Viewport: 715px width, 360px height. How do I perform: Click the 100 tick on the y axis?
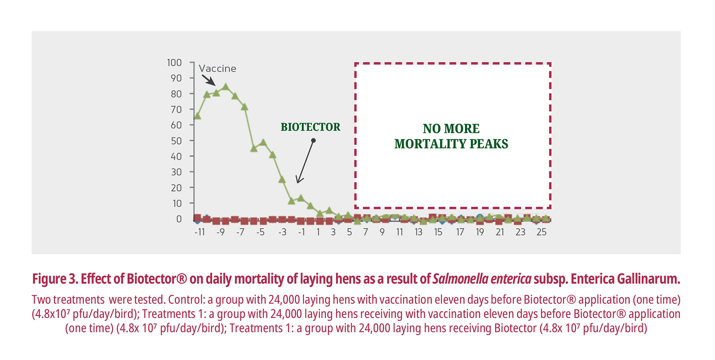coord(174,63)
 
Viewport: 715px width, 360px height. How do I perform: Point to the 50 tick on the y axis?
coord(176,141)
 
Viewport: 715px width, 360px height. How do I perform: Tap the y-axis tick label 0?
coord(179,219)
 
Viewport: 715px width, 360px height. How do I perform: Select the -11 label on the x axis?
coord(199,232)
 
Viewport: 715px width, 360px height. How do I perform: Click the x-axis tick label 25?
coord(541,232)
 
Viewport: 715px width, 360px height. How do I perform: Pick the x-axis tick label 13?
coord(418,232)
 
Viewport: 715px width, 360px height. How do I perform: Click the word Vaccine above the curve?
coord(217,69)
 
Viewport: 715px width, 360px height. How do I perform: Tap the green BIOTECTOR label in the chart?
coord(310,127)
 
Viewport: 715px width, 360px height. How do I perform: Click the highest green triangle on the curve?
coord(225,87)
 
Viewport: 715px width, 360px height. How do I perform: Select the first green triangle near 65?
coord(197,116)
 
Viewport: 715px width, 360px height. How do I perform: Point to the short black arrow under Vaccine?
coord(208,80)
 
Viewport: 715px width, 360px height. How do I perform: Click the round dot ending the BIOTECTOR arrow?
coord(314,140)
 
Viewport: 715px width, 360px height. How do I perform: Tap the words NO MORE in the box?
coord(451,129)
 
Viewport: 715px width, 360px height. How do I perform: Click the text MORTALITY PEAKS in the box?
coord(451,144)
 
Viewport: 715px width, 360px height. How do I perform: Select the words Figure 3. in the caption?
coord(55,279)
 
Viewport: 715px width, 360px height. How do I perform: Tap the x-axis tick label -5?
coord(260,232)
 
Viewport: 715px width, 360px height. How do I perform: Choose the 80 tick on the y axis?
coord(176,94)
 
